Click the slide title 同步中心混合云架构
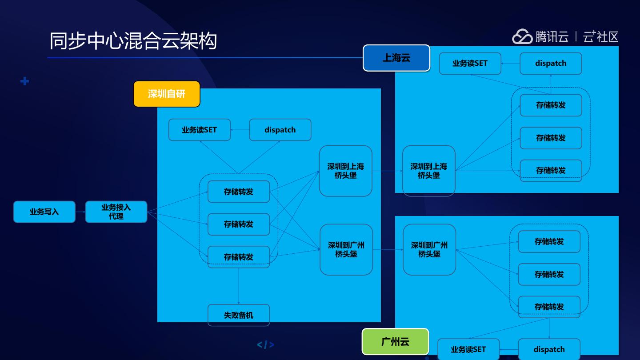click(x=133, y=41)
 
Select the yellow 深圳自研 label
click(x=167, y=94)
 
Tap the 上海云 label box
click(x=396, y=58)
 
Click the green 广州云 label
click(x=395, y=342)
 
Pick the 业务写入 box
click(x=44, y=212)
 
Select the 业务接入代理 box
click(x=116, y=212)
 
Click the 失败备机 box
click(x=239, y=315)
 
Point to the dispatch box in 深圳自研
click(x=280, y=130)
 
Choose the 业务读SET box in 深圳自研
click(x=200, y=130)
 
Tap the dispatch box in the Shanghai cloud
click(x=551, y=63)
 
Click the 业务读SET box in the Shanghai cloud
click(x=470, y=63)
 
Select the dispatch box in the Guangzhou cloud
click(x=549, y=349)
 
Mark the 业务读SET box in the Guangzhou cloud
click(x=468, y=349)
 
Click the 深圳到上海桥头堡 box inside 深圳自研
click(x=345, y=171)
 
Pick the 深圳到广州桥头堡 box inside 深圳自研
click(x=346, y=249)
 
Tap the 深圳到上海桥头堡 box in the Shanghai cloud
click(x=429, y=171)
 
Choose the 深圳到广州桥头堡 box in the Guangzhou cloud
click(x=429, y=249)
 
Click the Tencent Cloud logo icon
click(x=522, y=36)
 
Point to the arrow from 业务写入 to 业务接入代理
click(x=80, y=212)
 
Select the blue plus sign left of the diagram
click(x=25, y=81)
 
